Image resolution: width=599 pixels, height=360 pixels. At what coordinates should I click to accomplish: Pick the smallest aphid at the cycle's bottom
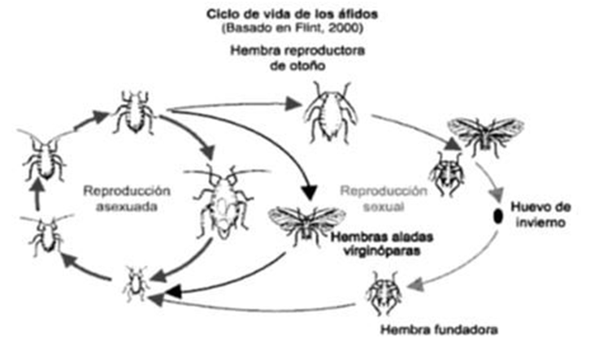[x=136, y=283]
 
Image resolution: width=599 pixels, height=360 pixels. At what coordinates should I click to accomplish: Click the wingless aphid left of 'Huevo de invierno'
[x=445, y=173]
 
